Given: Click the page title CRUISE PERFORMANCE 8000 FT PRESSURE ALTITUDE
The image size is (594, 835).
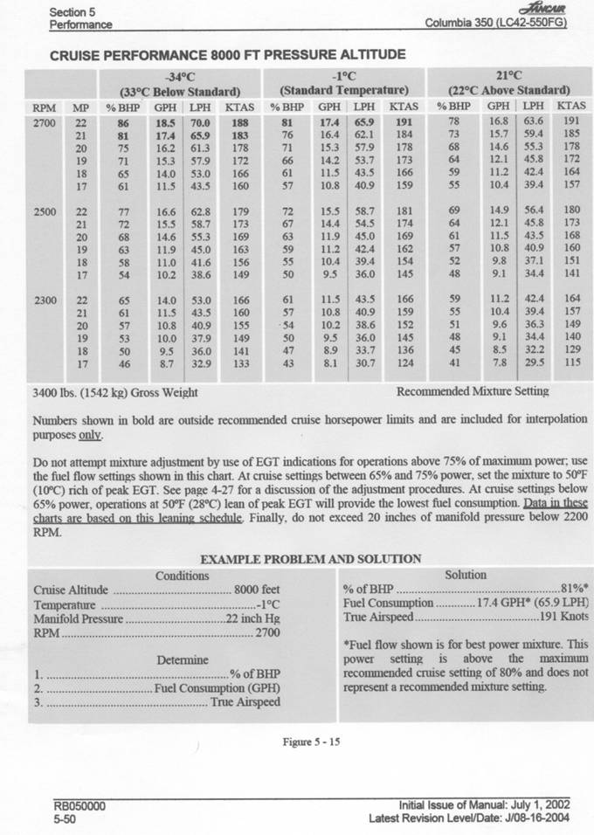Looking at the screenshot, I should click(227, 55).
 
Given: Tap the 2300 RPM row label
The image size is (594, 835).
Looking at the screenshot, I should click(45, 300).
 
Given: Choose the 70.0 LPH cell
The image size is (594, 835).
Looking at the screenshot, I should click(203, 124).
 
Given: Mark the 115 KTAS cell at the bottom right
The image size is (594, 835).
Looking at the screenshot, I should click(571, 362).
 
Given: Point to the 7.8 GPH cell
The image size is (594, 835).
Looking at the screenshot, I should click(499, 362).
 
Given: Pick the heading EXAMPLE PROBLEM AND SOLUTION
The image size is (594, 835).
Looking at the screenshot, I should click(311, 558).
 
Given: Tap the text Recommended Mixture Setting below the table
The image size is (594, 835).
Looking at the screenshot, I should click(473, 391).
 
